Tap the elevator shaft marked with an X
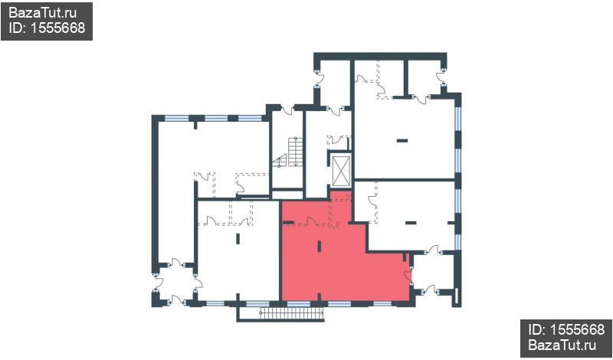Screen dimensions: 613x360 coord(341,170)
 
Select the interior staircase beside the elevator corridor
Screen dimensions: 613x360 coord(290,152)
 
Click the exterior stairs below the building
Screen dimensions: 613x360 coord(292,313)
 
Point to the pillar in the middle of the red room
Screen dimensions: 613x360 coord(320,246)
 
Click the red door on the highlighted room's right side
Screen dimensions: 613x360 coord(408,276)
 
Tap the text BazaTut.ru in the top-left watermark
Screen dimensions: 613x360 coord(42,13)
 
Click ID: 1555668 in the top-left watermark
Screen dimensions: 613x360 coord(47,28)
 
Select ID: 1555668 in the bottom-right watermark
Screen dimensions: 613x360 coord(566,330)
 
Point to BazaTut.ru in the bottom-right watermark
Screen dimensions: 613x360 coord(562,345)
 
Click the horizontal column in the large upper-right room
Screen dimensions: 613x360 coord(402,141)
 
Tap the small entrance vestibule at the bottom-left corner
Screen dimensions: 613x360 coord(176,284)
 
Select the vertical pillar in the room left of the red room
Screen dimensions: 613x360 coord(238,238)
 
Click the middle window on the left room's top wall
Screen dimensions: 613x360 coord(216,118)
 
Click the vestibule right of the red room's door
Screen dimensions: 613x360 coord(433,273)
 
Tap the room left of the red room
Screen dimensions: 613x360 coord(238,250)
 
